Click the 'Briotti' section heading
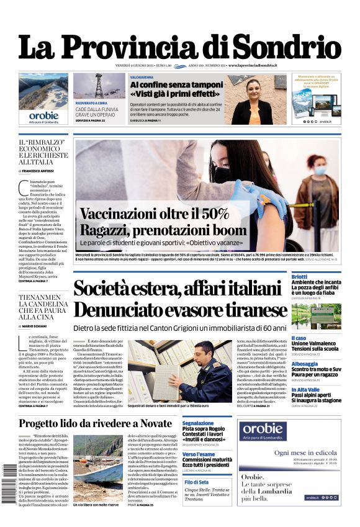pos(299,276)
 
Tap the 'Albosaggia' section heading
pos(305,364)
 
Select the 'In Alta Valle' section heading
pos(305,389)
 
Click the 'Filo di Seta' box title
pos(197,482)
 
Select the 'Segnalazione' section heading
pos(198,423)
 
